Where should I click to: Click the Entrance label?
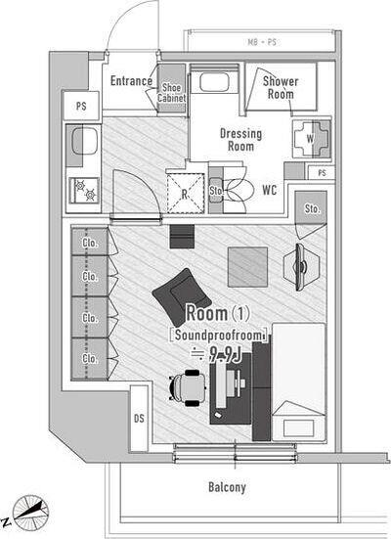[x=131, y=81]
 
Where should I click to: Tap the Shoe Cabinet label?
[x=171, y=93]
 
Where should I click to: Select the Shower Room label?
[x=281, y=87]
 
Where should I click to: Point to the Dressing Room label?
[x=240, y=140]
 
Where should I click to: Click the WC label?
[x=270, y=190]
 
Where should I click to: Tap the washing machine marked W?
[x=311, y=139]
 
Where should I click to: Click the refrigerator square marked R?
[x=185, y=193]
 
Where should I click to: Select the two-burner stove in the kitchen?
[x=84, y=190]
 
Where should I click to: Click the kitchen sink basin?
[x=84, y=141]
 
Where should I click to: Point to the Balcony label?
[x=227, y=487]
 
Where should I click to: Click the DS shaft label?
[x=139, y=419]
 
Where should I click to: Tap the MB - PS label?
[x=262, y=42]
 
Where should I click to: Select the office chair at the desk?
[x=188, y=387]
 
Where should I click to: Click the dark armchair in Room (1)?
[x=181, y=297]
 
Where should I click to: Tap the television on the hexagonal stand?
[x=300, y=267]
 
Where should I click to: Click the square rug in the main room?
[x=247, y=267]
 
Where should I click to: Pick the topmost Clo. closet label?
[x=90, y=243]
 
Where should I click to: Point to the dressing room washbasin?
[x=214, y=82]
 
